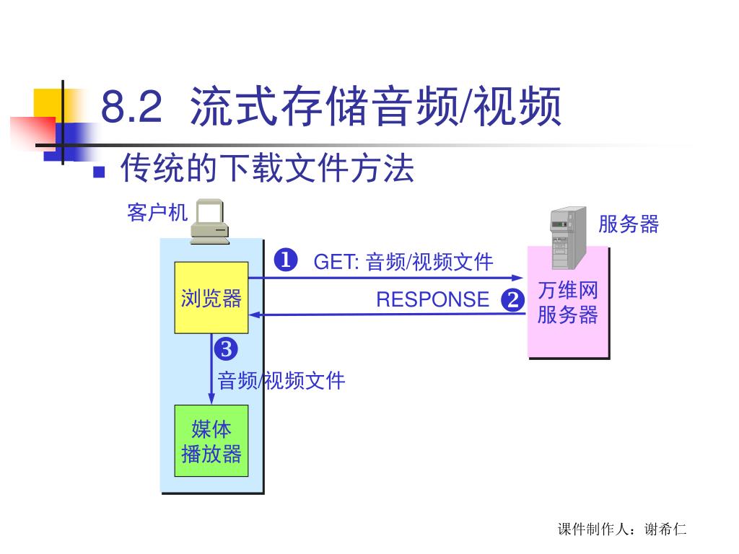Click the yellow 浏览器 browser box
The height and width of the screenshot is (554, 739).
pyautogui.click(x=211, y=298)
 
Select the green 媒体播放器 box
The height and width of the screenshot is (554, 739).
pyautogui.click(x=211, y=441)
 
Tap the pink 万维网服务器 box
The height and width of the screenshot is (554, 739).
pyautogui.click(x=568, y=303)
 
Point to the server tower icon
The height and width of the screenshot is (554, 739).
pyautogui.click(x=567, y=227)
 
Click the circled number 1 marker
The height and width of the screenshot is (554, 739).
pyautogui.click(x=286, y=260)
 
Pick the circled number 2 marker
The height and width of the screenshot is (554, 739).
pyautogui.click(x=512, y=299)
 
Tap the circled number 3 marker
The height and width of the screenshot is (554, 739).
pyautogui.click(x=225, y=350)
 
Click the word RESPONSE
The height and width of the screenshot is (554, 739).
pyautogui.click(x=432, y=299)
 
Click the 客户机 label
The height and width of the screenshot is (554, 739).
pyautogui.click(x=157, y=213)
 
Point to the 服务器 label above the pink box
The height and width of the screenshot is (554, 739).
pyautogui.click(x=629, y=224)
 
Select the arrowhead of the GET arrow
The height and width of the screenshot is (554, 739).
pyautogui.click(x=517, y=278)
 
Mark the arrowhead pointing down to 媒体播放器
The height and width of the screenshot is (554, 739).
pyautogui.click(x=211, y=400)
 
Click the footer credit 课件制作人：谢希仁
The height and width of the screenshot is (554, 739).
pyautogui.click(x=622, y=529)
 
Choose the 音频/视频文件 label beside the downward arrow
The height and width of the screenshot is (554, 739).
pyautogui.click(x=281, y=380)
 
